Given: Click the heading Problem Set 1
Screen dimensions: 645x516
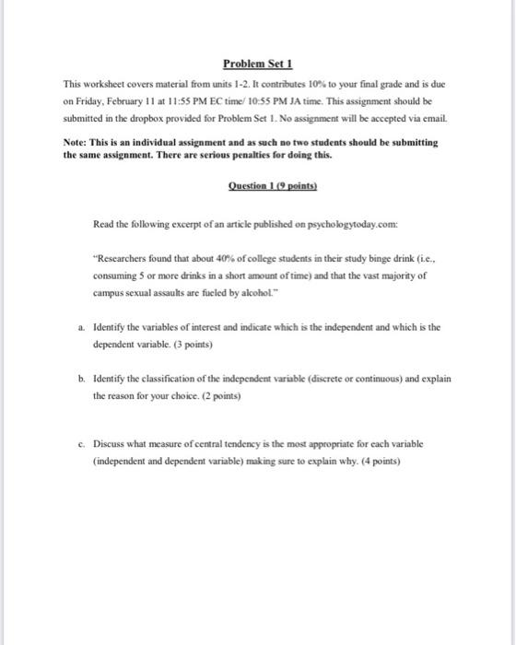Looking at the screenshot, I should [257, 64].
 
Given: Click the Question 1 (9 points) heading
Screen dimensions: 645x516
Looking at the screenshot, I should [257, 183].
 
